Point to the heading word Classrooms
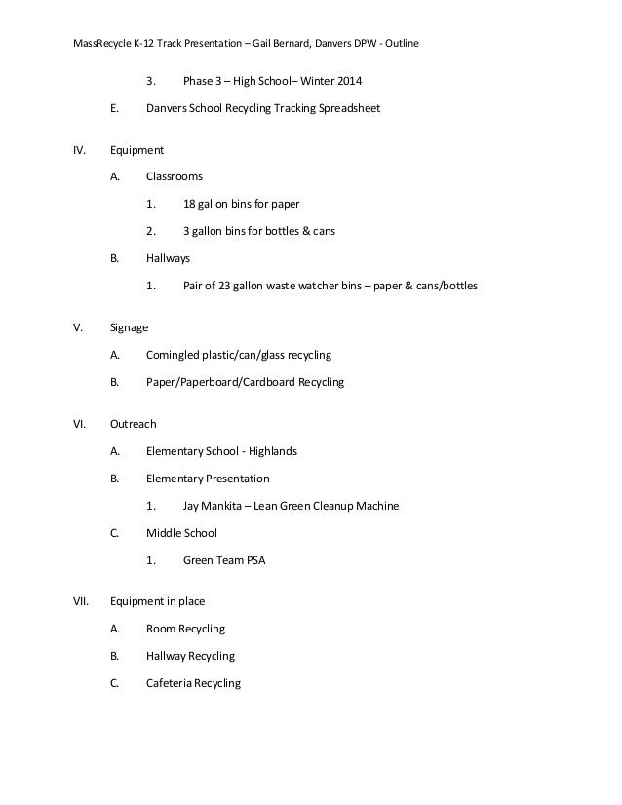click(x=175, y=177)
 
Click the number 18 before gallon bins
click(x=189, y=205)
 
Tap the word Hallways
click(x=169, y=259)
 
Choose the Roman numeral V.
click(x=78, y=327)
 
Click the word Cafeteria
click(x=169, y=683)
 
